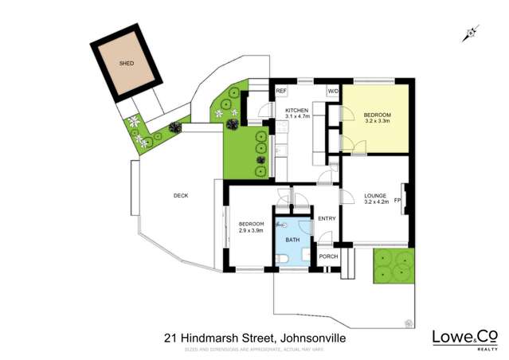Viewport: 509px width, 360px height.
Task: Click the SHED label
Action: pyautogui.click(x=127, y=63)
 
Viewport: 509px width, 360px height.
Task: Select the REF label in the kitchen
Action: pyautogui.click(x=280, y=92)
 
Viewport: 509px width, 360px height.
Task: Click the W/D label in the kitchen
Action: pyautogui.click(x=332, y=92)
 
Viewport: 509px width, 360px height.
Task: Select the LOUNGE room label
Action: pyautogui.click(x=375, y=195)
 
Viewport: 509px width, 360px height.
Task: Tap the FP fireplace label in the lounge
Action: pyautogui.click(x=397, y=201)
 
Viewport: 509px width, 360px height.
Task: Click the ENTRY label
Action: pyautogui.click(x=327, y=218)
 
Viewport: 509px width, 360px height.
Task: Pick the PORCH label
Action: pyautogui.click(x=328, y=256)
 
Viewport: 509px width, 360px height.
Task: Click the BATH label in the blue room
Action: pyautogui.click(x=292, y=240)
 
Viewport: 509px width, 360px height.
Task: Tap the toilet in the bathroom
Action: pyautogui.click(x=285, y=259)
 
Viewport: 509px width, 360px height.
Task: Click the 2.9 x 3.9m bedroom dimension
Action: pyautogui.click(x=251, y=230)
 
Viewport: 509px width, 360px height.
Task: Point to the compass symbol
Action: pyautogui.click(x=471, y=33)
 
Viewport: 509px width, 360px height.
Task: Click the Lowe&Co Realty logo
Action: pyautogui.click(x=465, y=338)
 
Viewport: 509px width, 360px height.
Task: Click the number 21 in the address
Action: pyautogui.click(x=170, y=338)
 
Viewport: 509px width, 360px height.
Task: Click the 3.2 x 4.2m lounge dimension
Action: pyautogui.click(x=376, y=202)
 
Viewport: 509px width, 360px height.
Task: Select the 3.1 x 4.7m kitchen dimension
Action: pyautogui.click(x=297, y=116)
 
